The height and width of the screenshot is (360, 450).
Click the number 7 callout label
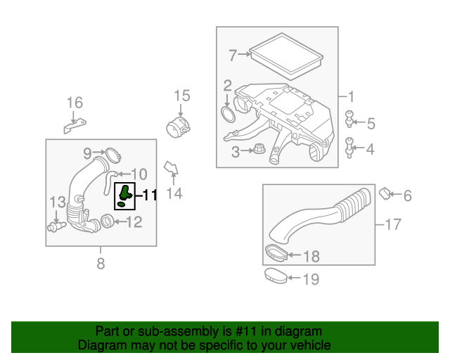233,53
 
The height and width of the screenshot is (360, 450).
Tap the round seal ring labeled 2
229,115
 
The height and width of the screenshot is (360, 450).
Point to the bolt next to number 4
349,148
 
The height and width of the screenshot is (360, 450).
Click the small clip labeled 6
385,193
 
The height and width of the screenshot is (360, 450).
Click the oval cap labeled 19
276,276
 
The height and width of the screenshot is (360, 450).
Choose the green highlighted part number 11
124,195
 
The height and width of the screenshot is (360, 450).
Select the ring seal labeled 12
108,223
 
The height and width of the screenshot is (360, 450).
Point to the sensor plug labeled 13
55,226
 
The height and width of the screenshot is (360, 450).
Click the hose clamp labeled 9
110,153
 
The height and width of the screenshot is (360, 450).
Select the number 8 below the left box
100,264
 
